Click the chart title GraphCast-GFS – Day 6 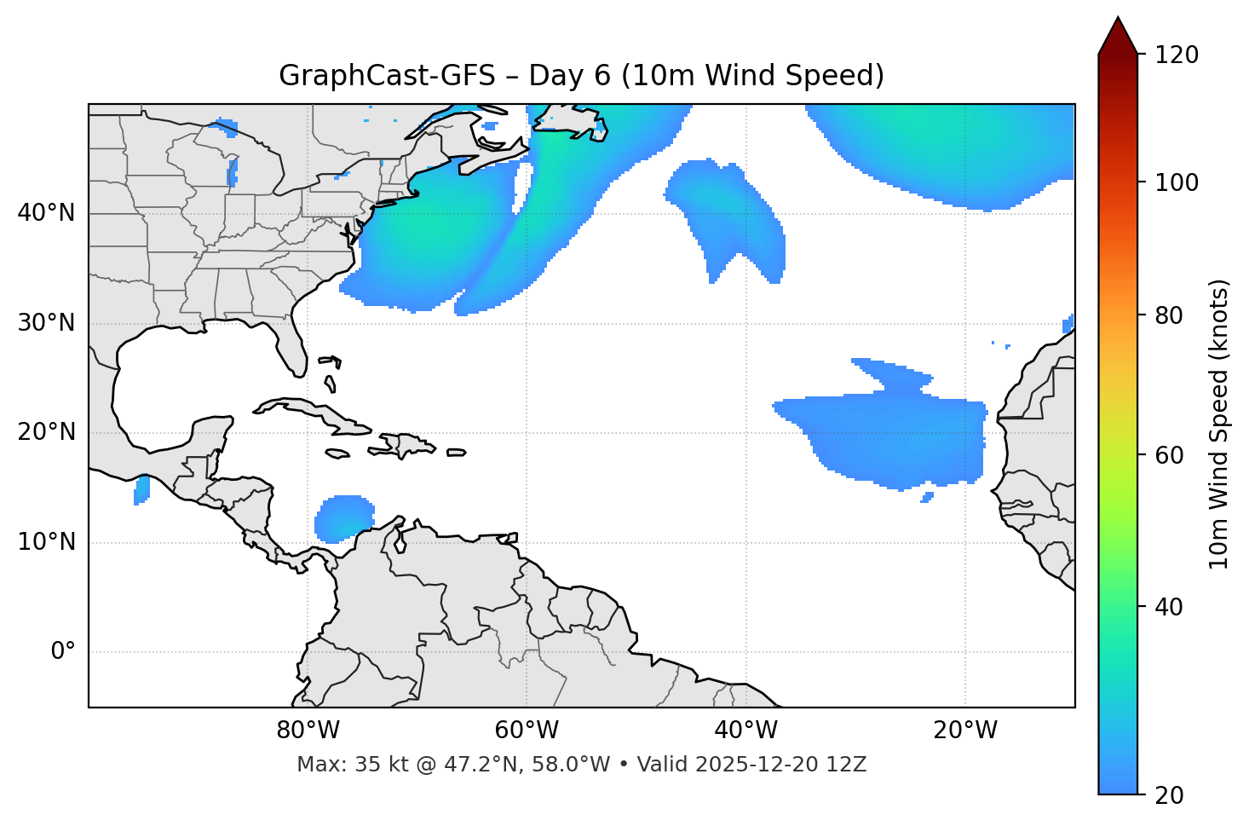[581, 76]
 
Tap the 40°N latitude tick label [46, 213]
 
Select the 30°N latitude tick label [46, 323]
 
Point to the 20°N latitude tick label [46, 432]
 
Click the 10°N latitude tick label [46, 542]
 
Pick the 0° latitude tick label [63, 652]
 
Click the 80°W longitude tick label [308, 731]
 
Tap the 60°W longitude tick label [527, 731]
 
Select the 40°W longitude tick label [746, 731]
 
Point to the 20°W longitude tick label [965, 731]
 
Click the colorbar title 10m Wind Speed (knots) [1219, 424]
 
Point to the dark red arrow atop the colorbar [1118, 37]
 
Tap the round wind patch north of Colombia [344, 518]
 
